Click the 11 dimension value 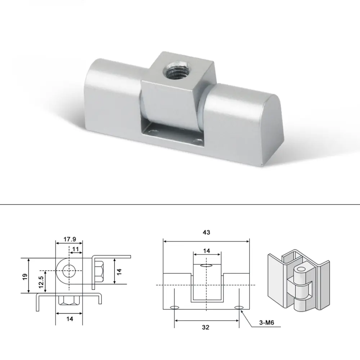[x=76, y=249]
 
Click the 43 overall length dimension [x=206, y=233]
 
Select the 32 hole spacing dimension [x=206, y=327]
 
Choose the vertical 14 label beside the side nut [x=120, y=271]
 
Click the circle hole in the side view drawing [x=68, y=270]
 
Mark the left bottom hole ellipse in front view [x=174, y=307]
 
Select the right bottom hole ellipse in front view [x=239, y=307]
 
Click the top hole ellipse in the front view [x=206, y=266]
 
